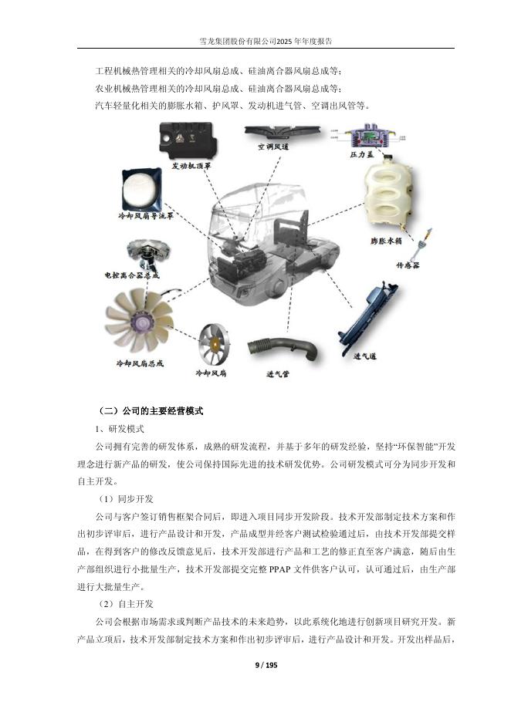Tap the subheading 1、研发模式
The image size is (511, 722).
(x=119, y=429)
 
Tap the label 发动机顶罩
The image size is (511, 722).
(x=191, y=165)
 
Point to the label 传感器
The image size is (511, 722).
(x=407, y=265)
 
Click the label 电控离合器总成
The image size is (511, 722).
(x=131, y=275)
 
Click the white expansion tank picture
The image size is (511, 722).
(x=390, y=197)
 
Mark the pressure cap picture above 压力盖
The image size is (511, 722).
(x=370, y=137)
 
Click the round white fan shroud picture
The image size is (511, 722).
(x=141, y=188)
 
